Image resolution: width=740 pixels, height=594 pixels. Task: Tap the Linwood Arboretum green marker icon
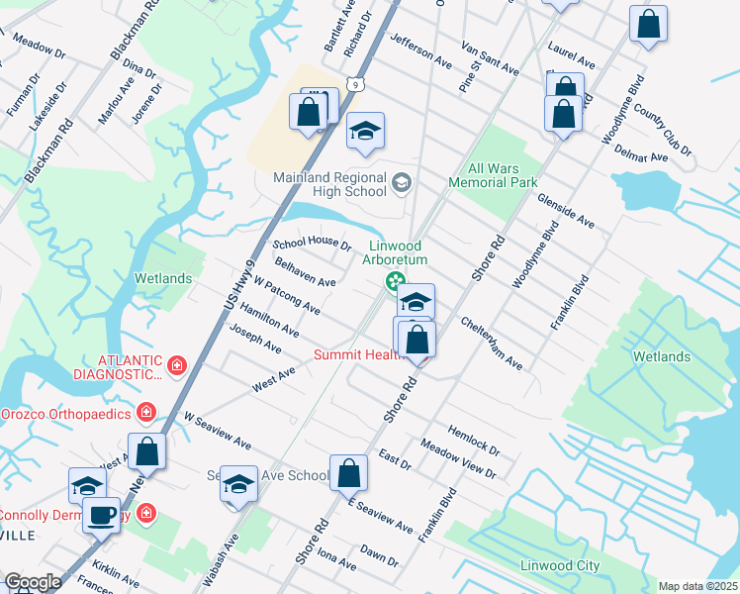tap(395, 282)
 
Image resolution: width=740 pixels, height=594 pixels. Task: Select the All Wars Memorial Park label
tap(493, 175)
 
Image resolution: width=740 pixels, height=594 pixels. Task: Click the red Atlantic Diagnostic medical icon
tap(177, 367)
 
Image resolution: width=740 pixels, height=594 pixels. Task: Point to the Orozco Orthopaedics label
tap(66, 411)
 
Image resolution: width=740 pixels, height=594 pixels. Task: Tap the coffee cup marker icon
tap(101, 515)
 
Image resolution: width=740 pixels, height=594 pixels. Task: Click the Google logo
tap(33, 582)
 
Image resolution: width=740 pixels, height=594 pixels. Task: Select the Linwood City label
tap(560, 565)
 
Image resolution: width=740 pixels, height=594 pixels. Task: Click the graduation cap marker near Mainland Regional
tap(365, 133)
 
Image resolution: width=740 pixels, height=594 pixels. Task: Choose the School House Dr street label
tap(312, 244)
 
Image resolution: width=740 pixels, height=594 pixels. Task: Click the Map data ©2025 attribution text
tap(696, 586)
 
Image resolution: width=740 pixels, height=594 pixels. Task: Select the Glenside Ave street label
tap(565, 210)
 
